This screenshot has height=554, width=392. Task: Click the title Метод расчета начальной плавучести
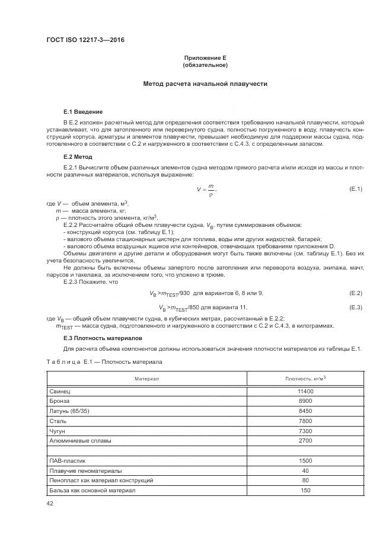point(205,84)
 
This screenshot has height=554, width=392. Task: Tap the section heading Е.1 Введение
point(82,112)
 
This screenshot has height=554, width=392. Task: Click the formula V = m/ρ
point(206,190)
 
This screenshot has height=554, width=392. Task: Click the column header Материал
point(146,378)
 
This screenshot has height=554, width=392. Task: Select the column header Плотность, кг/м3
point(305,378)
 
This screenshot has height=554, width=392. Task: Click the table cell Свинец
point(60,392)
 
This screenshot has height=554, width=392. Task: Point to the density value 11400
point(305,392)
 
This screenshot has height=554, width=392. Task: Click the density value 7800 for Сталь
point(305,421)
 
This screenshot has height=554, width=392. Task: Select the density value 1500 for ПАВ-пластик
point(305,460)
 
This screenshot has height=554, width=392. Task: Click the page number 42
point(50,504)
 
